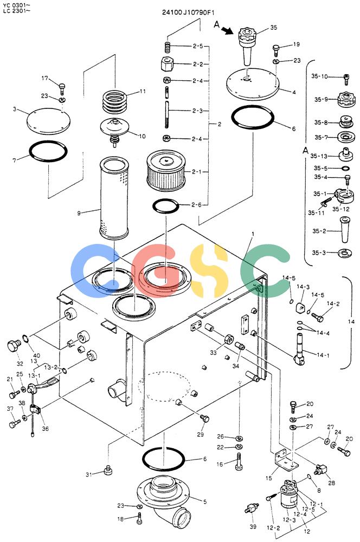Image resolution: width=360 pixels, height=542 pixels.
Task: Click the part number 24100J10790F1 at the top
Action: (x=188, y=12)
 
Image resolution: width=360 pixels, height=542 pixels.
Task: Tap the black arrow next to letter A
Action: (x=227, y=31)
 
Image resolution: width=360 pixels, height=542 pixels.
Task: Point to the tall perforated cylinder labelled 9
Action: (x=114, y=198)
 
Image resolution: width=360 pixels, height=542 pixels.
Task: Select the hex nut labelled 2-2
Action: (x=166, y=64)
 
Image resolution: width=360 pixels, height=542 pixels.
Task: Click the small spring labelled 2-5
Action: (x=168, y=47)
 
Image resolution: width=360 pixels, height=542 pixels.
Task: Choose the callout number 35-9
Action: (x=321, y=100)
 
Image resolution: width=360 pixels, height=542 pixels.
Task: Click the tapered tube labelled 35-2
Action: (x=344, y=230)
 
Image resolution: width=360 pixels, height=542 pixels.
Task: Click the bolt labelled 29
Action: (x=205, y=419)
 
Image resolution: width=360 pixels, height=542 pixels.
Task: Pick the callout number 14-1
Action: (x=323, y=355)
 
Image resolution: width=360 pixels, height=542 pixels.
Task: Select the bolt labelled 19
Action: (x=277, y=50)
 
